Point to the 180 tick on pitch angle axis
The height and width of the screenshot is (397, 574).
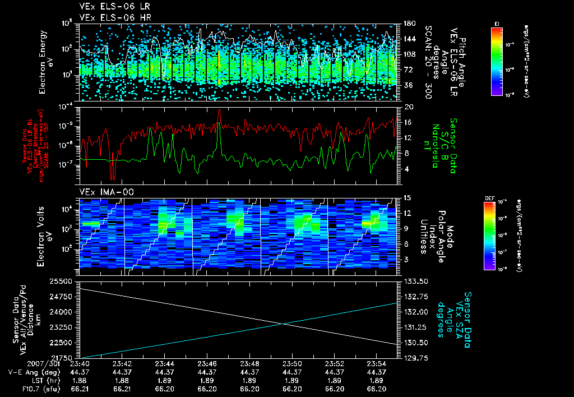tap(408, 24)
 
